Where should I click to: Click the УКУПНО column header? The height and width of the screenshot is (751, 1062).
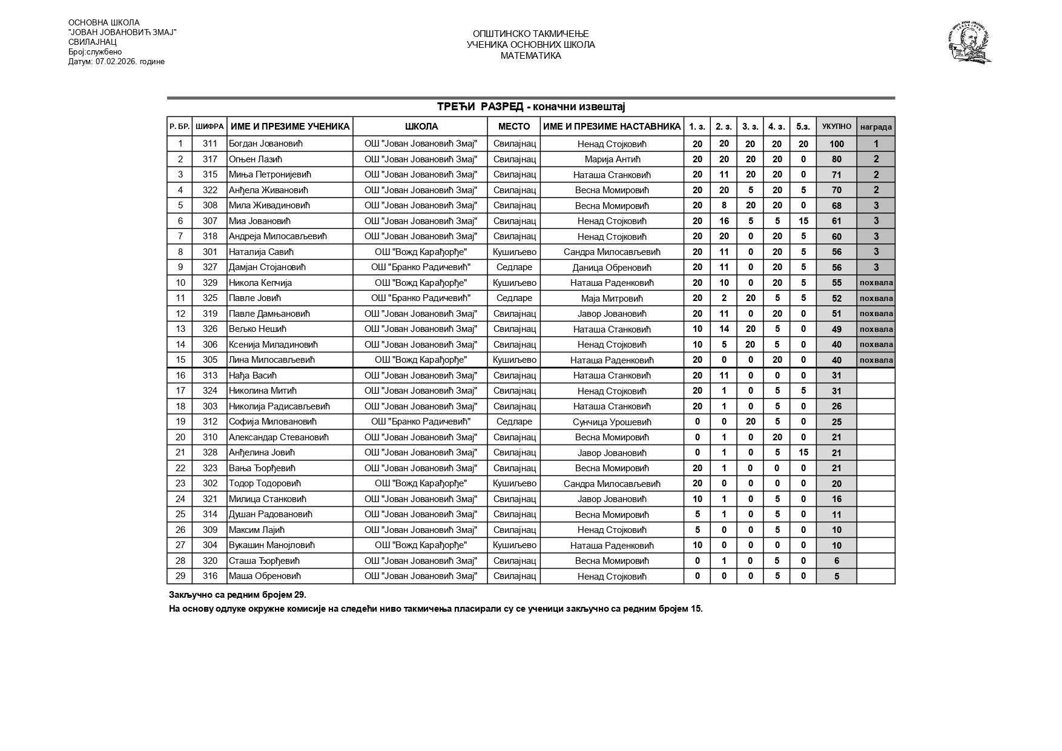(x=836, y=127)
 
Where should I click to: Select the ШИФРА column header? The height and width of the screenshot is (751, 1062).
(x=210, y=127)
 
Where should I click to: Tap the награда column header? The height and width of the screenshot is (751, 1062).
(x=876, y=127)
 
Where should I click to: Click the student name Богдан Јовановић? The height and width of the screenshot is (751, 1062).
(x=265, y=144)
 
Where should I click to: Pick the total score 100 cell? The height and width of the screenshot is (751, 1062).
(x=836, y=144)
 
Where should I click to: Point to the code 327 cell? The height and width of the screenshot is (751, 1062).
(x=210, y=267)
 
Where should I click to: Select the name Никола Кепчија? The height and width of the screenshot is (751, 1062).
(x=260, y=283)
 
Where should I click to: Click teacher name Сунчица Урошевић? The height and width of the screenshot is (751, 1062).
(x=612, y=422)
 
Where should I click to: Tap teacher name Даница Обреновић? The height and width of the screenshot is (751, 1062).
(x=612, y=268)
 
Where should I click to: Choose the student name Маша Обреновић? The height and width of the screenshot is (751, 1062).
(x=265, y=576)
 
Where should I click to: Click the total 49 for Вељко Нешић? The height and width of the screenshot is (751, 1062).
(x=836, y=329)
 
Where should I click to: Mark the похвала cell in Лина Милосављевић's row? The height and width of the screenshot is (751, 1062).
(x=876, y=360)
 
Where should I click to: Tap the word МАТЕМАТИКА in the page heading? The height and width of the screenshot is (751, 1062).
(x=530, y=56)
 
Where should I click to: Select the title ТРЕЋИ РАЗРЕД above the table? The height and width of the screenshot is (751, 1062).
(x=480, y=107)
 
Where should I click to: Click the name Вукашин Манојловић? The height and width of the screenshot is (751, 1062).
(x=272, y=545)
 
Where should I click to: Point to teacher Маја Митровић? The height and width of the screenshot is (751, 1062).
(x=612, y=299)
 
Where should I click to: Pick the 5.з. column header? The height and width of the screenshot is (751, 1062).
(x=803, y=127)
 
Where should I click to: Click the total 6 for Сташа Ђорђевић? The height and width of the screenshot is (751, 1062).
(x=836, y=561)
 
